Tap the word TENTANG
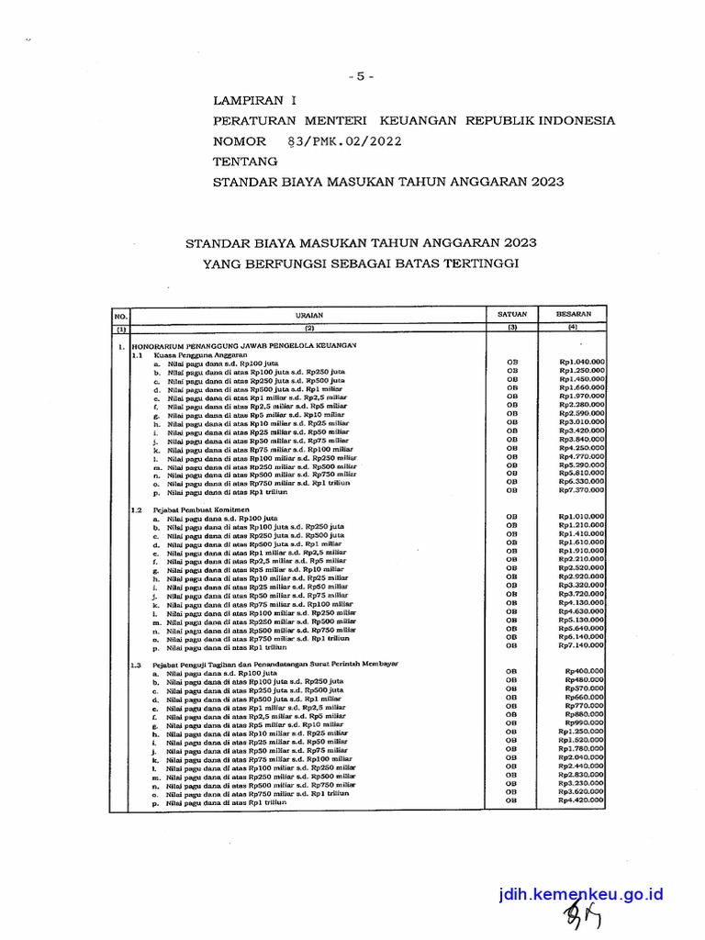(x=245, y=162)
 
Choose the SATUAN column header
(x=512, y=314)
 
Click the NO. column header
(x=119, y=315)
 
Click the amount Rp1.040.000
(x=581, y=362)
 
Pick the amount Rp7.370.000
(x=581, y=491)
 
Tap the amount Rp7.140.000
(x=581, y=646)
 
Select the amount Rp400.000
(x=585, y=671)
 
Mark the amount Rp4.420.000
(x=581, y=800)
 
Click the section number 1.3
(x=137, y=663)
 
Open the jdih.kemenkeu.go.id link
(x=580, y=894)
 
